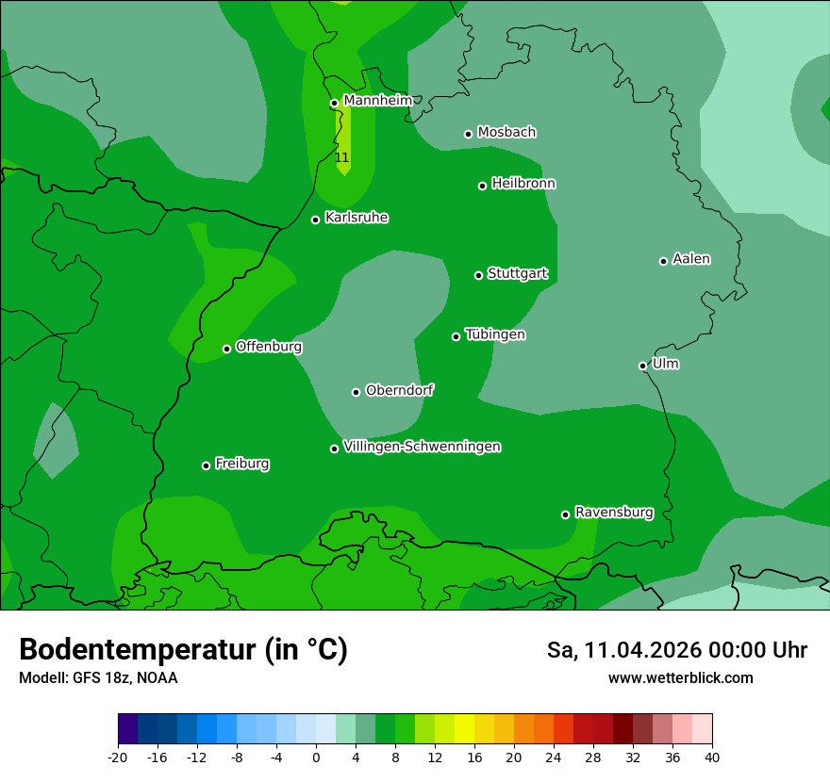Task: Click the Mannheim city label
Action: [x=377, y=100]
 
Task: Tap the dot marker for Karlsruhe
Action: [x=316, y=220]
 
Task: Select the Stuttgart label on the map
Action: [x=517, y=273]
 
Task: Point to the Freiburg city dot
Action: [x=206, y=465]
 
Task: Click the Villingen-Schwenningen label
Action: [x=422, y=446]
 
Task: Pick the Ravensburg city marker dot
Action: [x=566, y=514]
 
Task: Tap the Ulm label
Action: [x=665, y=363]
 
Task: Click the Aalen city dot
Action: [x=663, y=261]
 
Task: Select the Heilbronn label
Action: [x=523, y=183]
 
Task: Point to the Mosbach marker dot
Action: [x=468, y=134]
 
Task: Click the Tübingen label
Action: [x=495, y=334]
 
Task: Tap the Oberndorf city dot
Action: [x=356, y=392]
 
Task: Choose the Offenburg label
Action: [x=269, y=346]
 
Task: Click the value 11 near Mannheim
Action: [x=341, y=157]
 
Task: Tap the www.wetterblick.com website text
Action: [x=680, y=677]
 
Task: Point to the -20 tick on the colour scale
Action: [x=118, y=758]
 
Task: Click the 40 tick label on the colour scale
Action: [x=712, y=758]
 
